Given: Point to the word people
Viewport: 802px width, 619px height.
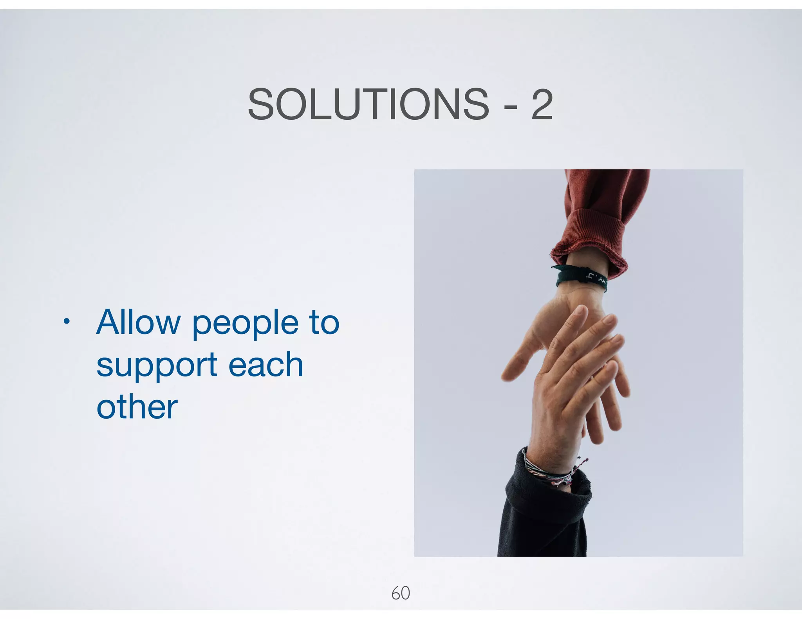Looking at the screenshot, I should coord(245,325).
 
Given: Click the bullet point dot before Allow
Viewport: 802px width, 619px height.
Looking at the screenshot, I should coord(67,322).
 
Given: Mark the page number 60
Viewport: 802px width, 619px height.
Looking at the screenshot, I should coord(401,593).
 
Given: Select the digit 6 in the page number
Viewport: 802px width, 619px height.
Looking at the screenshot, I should coord(396,593).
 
